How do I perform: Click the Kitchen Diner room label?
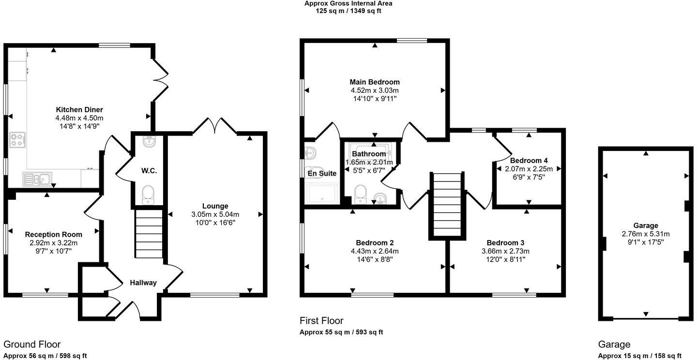coord(79,109)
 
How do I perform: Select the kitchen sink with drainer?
coord(37,180)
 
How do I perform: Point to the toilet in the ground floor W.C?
coord(148,195)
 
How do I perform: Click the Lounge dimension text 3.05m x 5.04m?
coord(215,214)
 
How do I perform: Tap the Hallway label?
coord(142,283)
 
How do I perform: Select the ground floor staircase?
coord(149,234)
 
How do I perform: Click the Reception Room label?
coord(54,235)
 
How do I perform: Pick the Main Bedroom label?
coord(375,82)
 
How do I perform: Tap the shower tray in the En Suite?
coord(321,193)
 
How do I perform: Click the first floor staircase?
coord(446,205)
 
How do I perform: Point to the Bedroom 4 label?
coord(529,160)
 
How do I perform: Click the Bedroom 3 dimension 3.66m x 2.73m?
coord(505,251)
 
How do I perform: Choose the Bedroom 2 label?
coord(375,242)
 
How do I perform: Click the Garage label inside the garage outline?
coord(646,225)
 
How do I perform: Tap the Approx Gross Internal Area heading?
coord(348,3)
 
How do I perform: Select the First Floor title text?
coord(321,320)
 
